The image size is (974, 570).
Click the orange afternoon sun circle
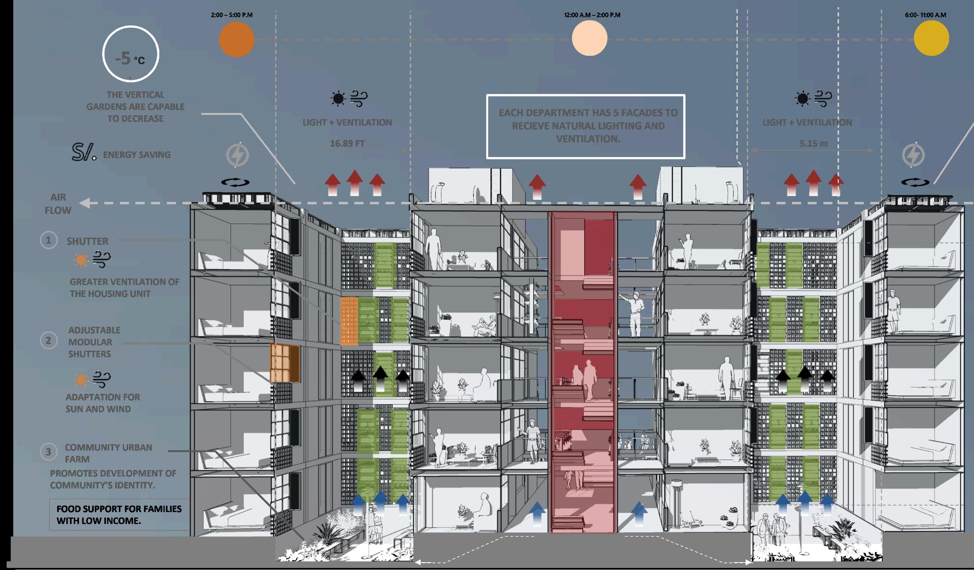point(236,39)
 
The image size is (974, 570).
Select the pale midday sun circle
point(590,38)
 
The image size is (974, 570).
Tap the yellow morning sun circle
point(931,38)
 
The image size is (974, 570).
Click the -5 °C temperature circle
point(131,26)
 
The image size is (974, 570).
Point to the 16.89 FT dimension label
point(347,144)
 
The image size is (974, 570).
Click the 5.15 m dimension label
point(813,144)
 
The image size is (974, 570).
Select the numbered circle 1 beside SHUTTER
point(48,240)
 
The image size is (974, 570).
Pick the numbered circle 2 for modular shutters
point(48,340)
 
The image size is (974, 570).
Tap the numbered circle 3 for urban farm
point(48,452)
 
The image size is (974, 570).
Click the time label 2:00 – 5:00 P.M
point(232,15)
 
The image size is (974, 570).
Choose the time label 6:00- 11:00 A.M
point(925,15)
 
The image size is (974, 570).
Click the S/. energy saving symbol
point(84,152)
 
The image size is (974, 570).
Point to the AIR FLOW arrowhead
point(84,203)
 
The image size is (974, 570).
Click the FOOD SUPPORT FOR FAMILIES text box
point(119,515)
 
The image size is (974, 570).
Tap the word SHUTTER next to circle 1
point(87,241)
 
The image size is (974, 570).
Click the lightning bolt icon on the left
point(238,155)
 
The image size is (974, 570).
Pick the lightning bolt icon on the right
point(913,155)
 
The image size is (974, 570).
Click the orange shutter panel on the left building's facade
point(285,363)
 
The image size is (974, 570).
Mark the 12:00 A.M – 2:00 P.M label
point(592,15)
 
